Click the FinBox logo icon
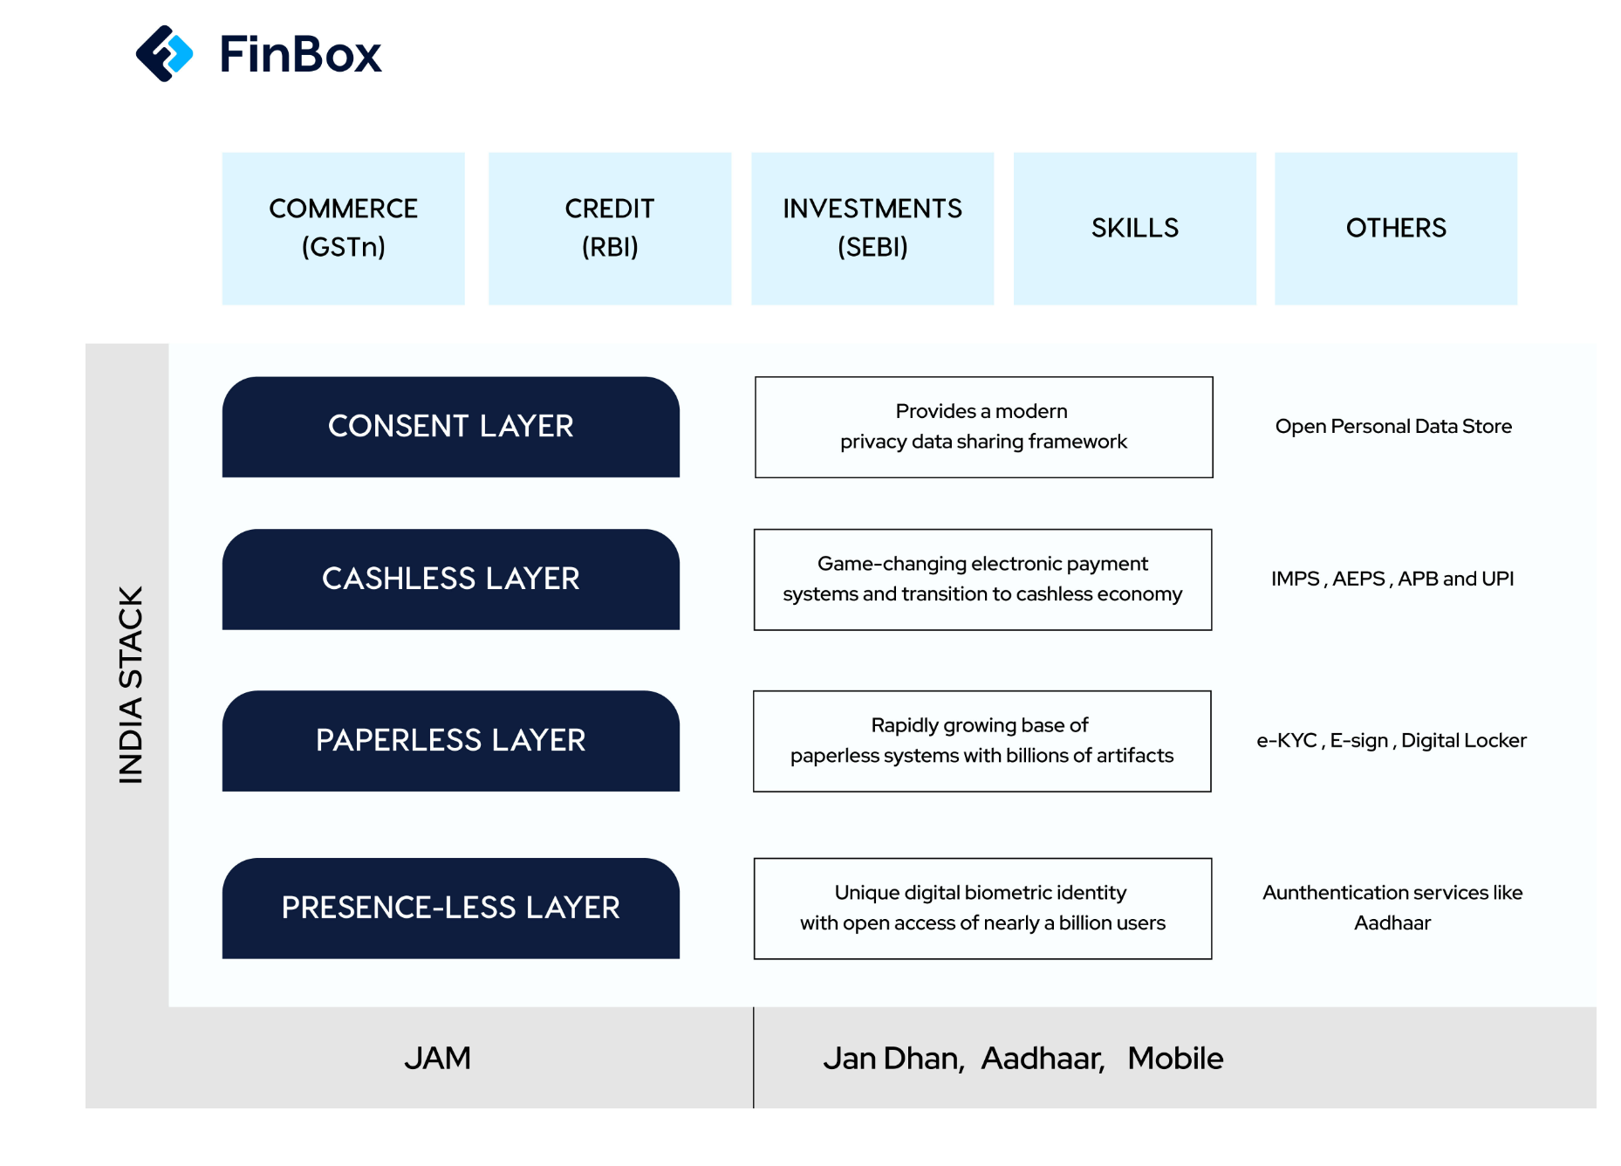pos(164,53)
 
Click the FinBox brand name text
pos(300,54)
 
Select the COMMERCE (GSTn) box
pos(344,229)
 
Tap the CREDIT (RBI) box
pos(610,229)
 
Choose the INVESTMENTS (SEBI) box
pos(872,229)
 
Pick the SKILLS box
pos(1135,229)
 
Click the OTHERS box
pos(1396,229)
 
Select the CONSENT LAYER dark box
pos(451,427)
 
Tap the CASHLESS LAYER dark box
pos(451,580)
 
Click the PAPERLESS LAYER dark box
pos(451,741)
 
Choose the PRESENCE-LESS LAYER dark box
pos(451,909)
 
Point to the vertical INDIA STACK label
pos(130,684)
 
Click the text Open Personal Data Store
pos(1393,427)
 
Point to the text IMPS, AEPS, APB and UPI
pos(1392,579)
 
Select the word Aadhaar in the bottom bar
pos(1043,1059)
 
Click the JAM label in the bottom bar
pos(437,1059)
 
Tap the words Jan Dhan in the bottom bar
pos(893,1059)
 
